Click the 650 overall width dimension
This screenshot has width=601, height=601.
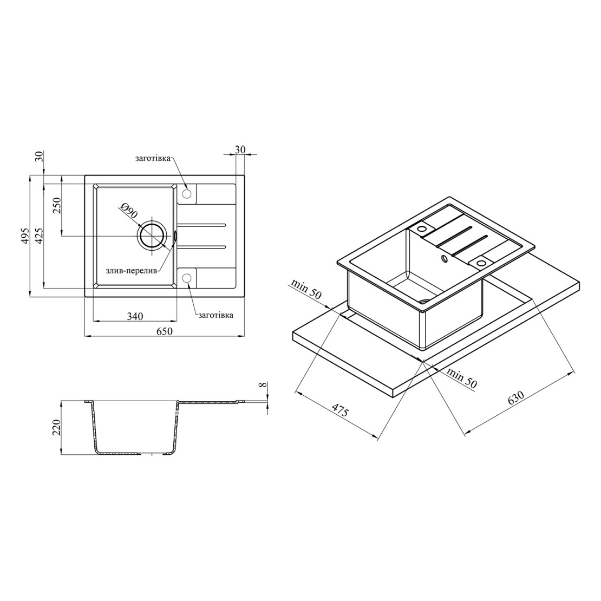(x=165, y=331)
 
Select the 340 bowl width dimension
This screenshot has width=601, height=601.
(x=135, y=316)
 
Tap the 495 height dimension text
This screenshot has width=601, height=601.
(x=25, y=236)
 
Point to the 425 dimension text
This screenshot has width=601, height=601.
(x=39, y=236)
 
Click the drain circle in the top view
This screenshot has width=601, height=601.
(x=153, y=236)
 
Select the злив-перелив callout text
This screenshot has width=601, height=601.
(x=132, y=271)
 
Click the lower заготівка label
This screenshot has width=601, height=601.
(x=216, y=315)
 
